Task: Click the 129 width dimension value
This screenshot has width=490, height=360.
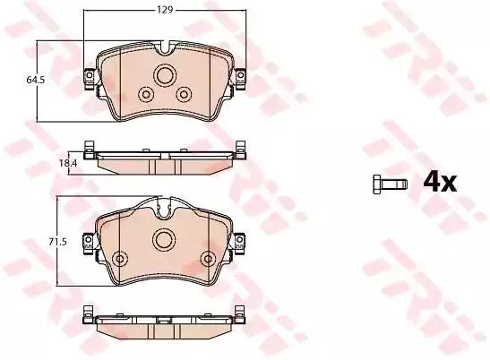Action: click(x=165, y=10)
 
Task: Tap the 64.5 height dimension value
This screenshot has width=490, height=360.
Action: click(x=35, y=80)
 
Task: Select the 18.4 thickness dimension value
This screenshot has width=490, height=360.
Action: click(x=68, y=163)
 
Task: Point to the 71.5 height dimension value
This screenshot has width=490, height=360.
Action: click(x=58, y=242)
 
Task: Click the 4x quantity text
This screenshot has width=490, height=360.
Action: click(x=440, y=183)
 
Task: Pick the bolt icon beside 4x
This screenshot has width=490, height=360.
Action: click(x=391, y=184)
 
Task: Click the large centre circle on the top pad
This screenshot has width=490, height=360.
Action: click(x=165, y=75)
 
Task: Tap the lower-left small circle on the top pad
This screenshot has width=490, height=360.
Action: click(x=146, y=94)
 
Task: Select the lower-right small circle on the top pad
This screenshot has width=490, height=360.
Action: click(x=184, y=94)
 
